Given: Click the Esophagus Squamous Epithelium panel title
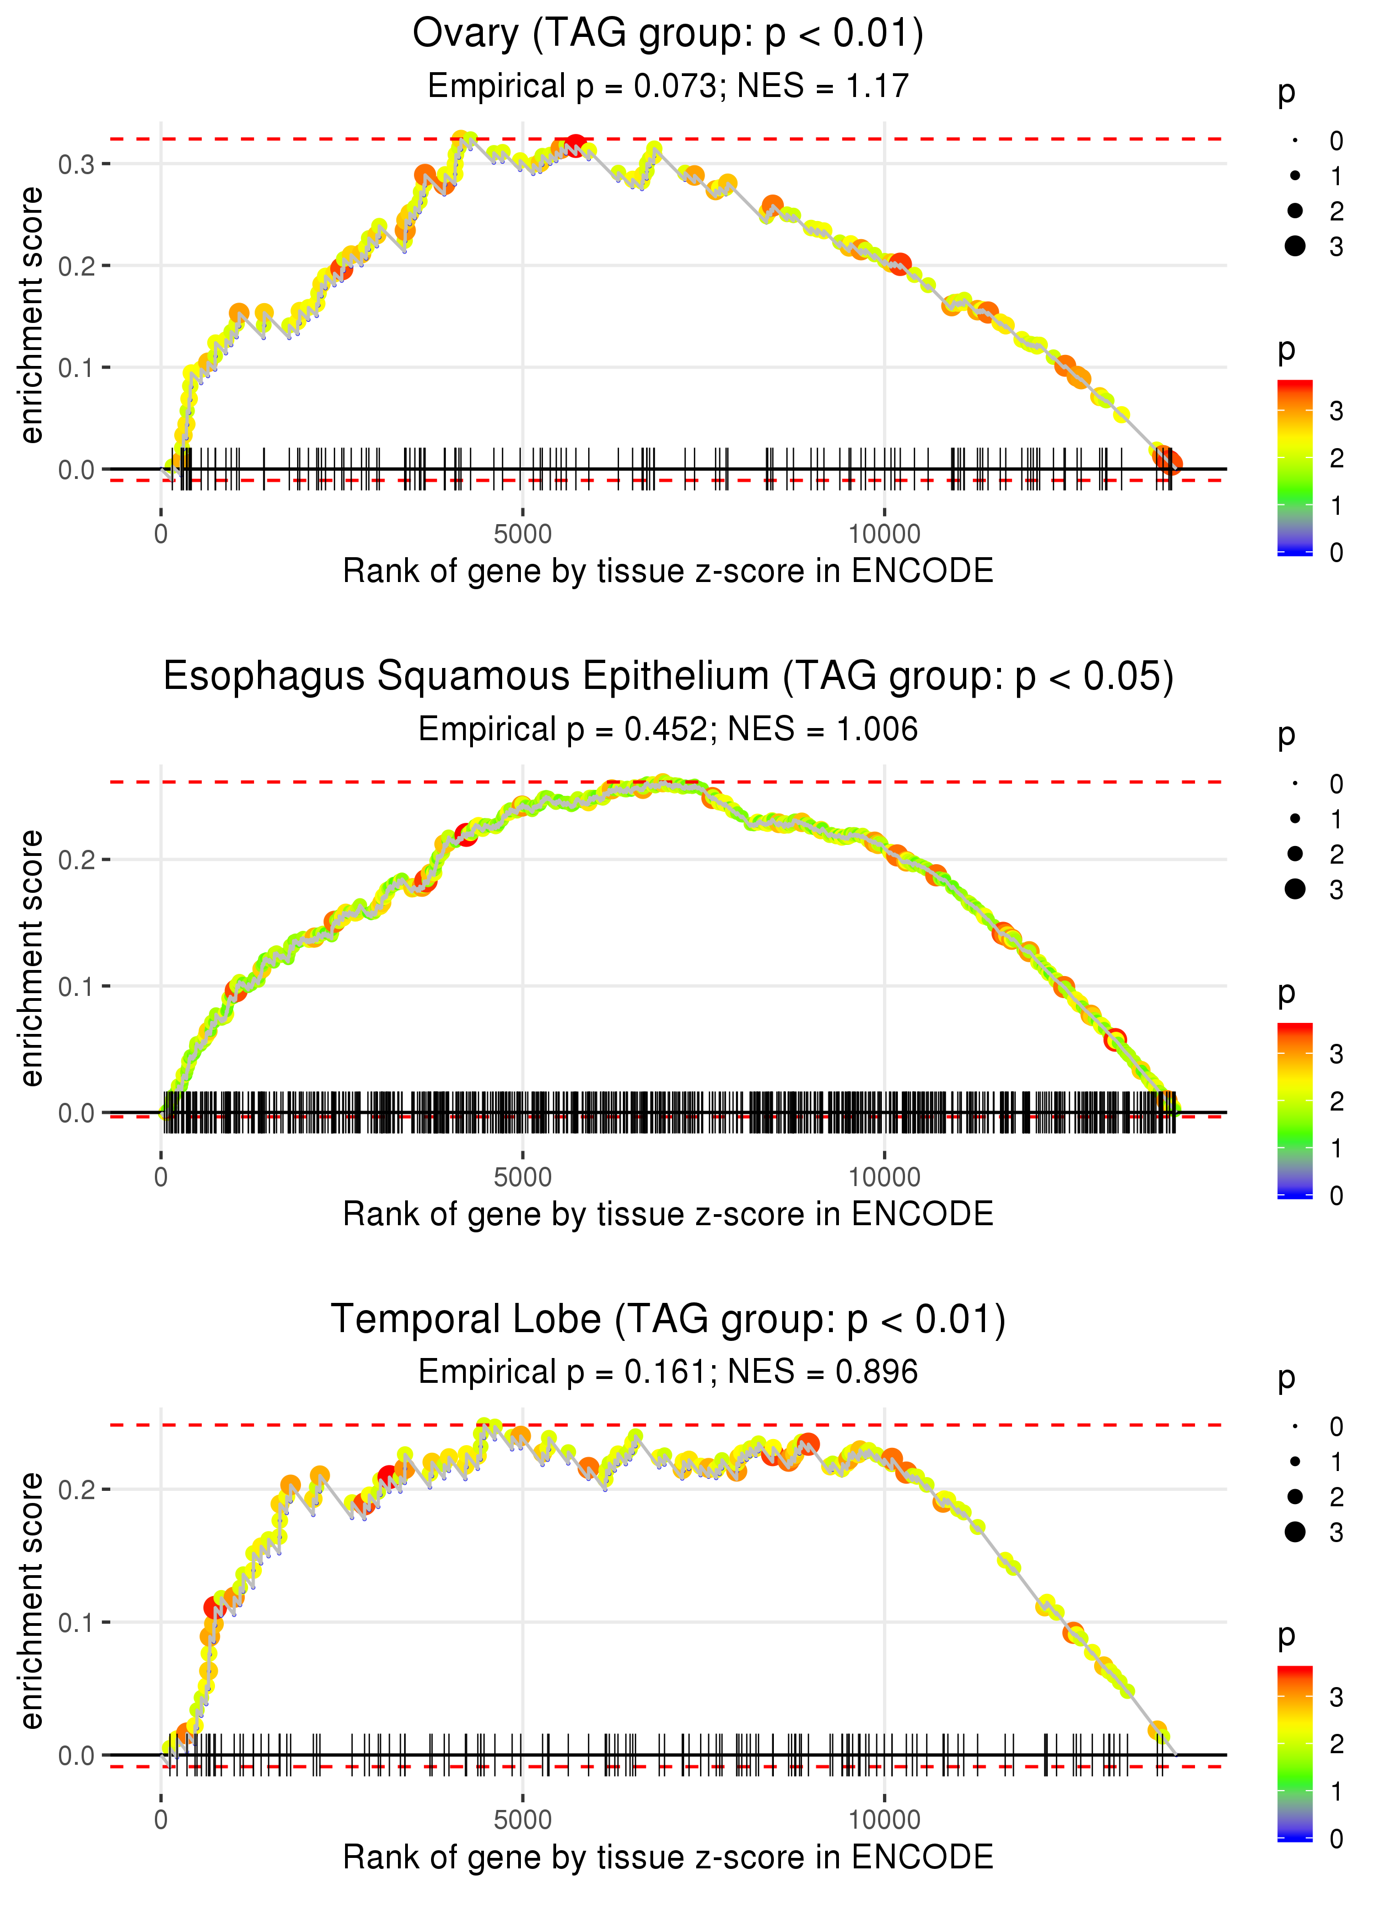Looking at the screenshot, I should pyautogui.click(x=668, y=677).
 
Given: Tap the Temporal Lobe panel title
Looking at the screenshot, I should pyautogui.click(x=668, y=1320).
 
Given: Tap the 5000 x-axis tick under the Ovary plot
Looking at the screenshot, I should pyautogui.click(x=522, y=535).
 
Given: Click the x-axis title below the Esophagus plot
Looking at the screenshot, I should pyautogui.click(x=668, y=1214).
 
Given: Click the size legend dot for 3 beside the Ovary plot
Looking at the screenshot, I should pyautogui.click(x=1295, y=246).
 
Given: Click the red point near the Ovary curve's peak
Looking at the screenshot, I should pyautogui.click(x=575, y=145).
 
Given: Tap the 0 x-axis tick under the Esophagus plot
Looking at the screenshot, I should pyautogui.click(x=161, y=1177).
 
